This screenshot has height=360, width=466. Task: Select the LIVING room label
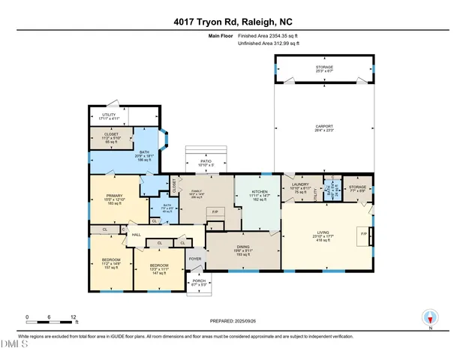pyautogui.click(x=324, y=234)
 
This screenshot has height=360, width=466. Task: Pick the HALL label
pyautogui.click(x=137, y=235)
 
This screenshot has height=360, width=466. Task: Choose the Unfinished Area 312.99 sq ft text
pyautogui.click(x=268, y=44)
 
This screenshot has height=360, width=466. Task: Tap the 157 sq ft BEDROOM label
pyautogui.click(x=110, y=262)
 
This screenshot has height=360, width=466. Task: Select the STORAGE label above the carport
pyautogui.click(x=323, y=67)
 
